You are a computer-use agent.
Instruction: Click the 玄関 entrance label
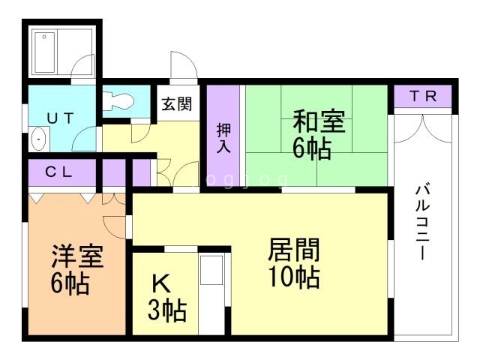click(177, 104)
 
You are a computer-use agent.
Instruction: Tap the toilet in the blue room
click(118, 101)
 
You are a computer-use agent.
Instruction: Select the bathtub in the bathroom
click(45, 52)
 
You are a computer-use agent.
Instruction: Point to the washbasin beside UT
click(39, 139)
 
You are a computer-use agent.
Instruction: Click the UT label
click(61, 118)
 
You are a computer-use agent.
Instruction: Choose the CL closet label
click(58, 172)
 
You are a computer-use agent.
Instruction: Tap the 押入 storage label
click(223, 138)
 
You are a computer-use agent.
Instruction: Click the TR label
click(423, 96)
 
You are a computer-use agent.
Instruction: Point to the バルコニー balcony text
click(423, 220)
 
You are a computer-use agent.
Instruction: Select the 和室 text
click(319, 121)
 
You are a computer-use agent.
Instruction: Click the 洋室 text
click(77, 256)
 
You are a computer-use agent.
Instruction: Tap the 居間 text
click(293, 250)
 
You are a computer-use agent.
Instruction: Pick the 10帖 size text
click(294, 277)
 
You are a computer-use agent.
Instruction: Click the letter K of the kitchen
click(161, 283)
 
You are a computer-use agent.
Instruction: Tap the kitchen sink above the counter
click(211, 270)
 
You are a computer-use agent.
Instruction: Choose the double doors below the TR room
click(423, 129)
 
